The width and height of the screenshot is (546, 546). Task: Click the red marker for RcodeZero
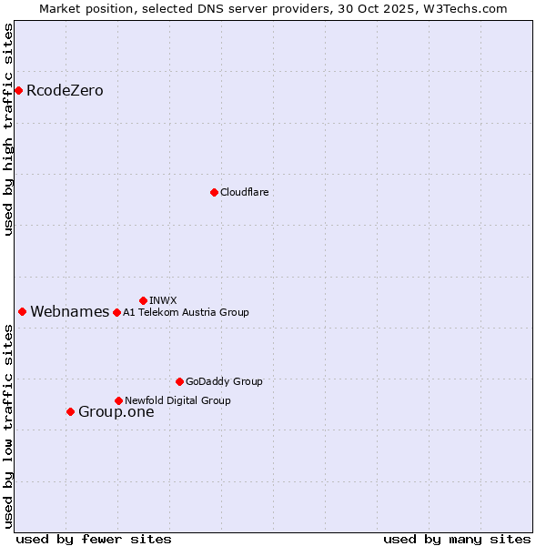point(18,90)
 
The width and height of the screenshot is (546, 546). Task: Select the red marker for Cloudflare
point(214,192)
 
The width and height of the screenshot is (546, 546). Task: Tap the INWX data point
point(143,300)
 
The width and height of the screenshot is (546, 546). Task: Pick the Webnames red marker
point(22,311)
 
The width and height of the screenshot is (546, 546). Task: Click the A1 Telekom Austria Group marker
point(116,312)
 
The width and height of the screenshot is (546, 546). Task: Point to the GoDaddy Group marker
point(179,381)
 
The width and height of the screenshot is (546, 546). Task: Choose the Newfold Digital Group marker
point(118,400)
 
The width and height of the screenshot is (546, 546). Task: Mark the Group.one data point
point(70,411)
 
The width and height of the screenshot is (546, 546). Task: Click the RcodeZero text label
point(65,91)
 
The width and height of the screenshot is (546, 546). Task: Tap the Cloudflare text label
point(244,192)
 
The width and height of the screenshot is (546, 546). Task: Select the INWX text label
point(163,300)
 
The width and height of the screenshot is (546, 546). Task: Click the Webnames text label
point(69,312)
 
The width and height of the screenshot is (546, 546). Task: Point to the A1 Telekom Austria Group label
point(186,312)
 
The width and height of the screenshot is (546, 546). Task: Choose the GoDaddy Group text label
point(223,381)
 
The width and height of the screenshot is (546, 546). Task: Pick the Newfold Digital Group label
point(177,400)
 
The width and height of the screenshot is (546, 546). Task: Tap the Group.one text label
point(116,412)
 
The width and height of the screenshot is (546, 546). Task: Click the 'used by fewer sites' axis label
point(94,539)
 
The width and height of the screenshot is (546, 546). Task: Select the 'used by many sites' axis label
point(457,539)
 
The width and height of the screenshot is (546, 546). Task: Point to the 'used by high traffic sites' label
point(9,129)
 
